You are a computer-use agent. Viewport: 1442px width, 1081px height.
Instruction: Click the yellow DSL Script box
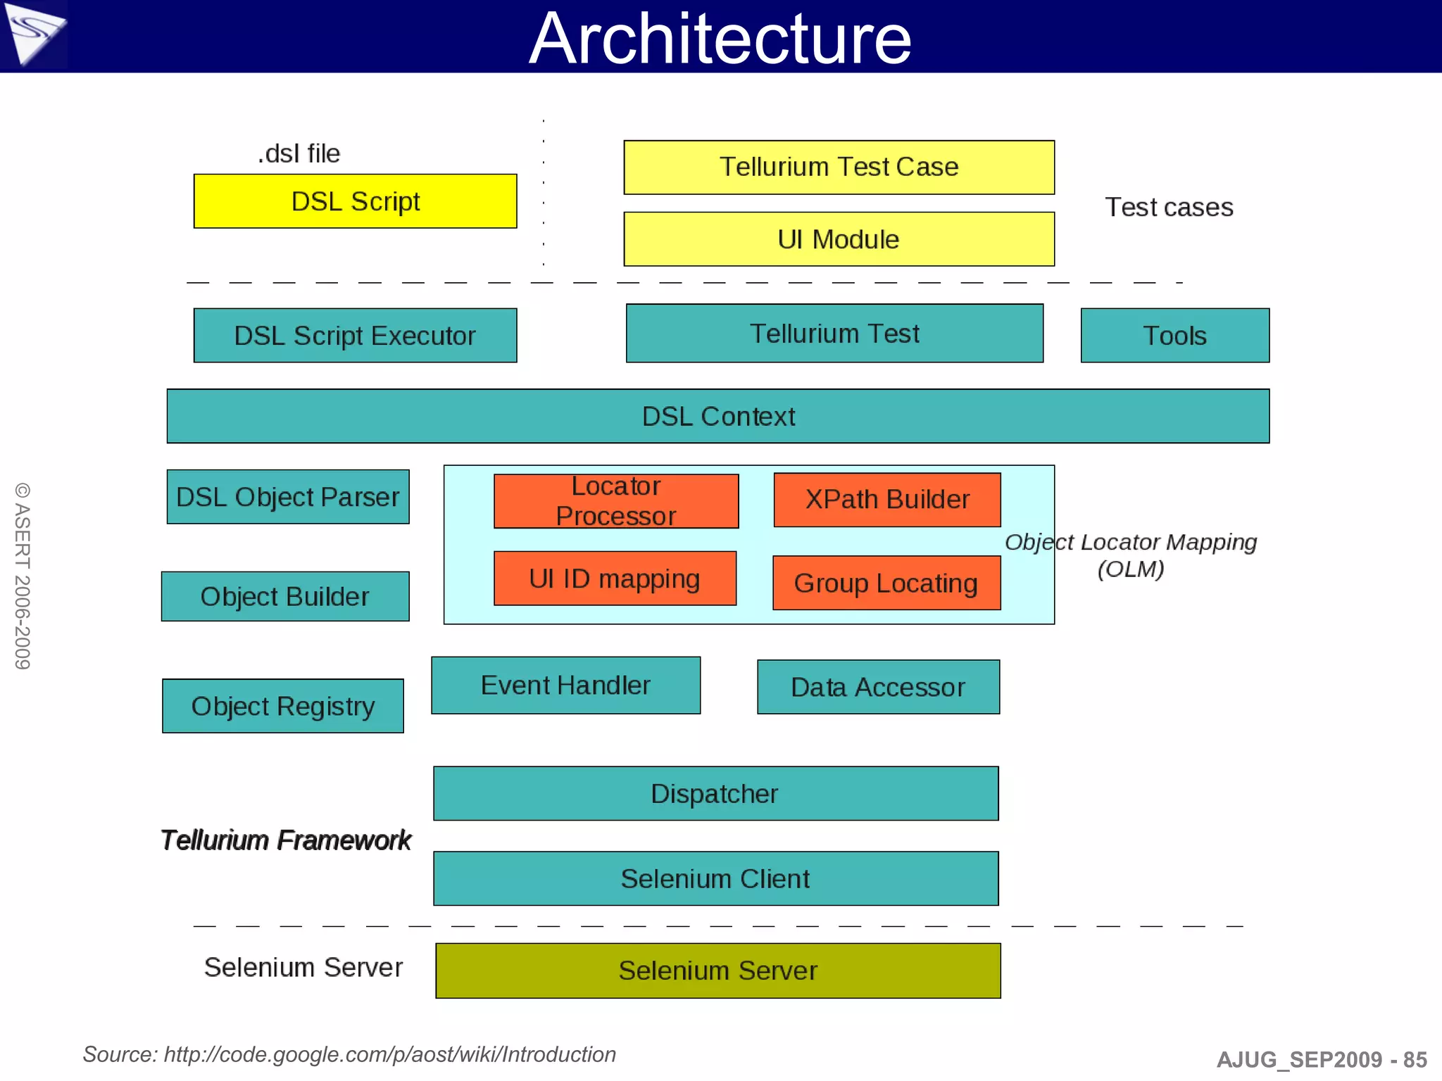[355, 201]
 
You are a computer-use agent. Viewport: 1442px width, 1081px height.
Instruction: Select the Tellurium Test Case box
[839, 167]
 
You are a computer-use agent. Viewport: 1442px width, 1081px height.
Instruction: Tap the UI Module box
[839, 239]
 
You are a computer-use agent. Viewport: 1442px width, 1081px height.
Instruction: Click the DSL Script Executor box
[355, 336]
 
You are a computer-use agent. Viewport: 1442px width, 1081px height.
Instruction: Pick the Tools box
[1174, 336]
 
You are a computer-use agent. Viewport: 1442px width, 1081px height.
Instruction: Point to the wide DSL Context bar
[717, 416]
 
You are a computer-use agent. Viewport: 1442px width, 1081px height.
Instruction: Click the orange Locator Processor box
[616, 501]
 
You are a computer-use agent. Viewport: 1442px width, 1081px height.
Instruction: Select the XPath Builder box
[886, 500]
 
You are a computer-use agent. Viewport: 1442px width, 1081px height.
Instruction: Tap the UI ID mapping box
[615, 579]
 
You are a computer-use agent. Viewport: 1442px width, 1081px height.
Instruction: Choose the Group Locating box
[886, 583]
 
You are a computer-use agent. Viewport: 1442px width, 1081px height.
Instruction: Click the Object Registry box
[282, 706]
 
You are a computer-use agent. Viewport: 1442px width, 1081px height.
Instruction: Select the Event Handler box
[565, 685]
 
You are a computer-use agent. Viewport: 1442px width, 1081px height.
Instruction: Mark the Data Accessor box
[878, 687]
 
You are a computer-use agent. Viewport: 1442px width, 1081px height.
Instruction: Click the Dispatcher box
[715, 794]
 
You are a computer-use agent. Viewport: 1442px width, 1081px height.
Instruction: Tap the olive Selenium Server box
[717, 971]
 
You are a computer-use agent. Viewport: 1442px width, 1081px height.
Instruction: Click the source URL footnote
[349, 1054]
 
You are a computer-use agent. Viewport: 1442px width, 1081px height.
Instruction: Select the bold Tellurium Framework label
[285, 840]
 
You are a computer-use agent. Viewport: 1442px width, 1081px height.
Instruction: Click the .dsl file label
[299, 153]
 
